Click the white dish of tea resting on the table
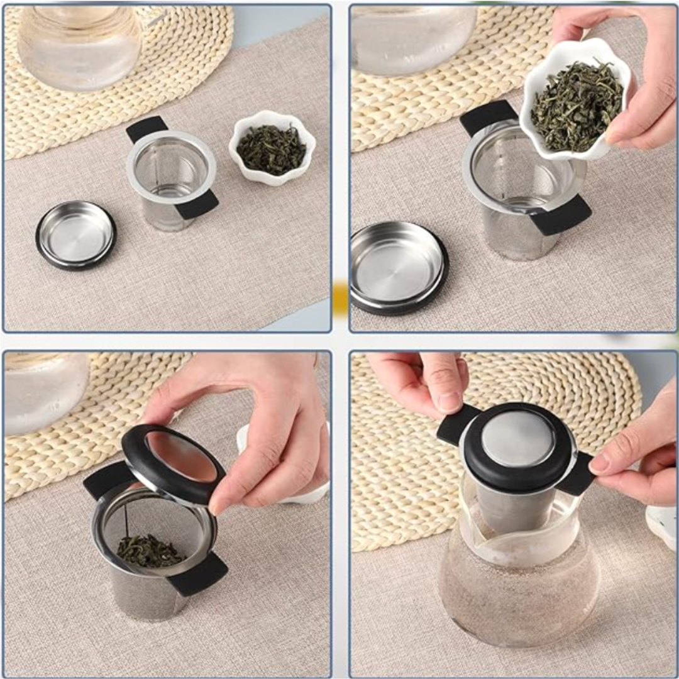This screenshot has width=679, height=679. (x=272, y=148)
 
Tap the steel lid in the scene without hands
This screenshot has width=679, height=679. (x=75, y=233)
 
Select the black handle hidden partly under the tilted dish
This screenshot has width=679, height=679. (x=488, y=116)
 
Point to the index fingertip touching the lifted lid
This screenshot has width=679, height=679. (x=220, y=503)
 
